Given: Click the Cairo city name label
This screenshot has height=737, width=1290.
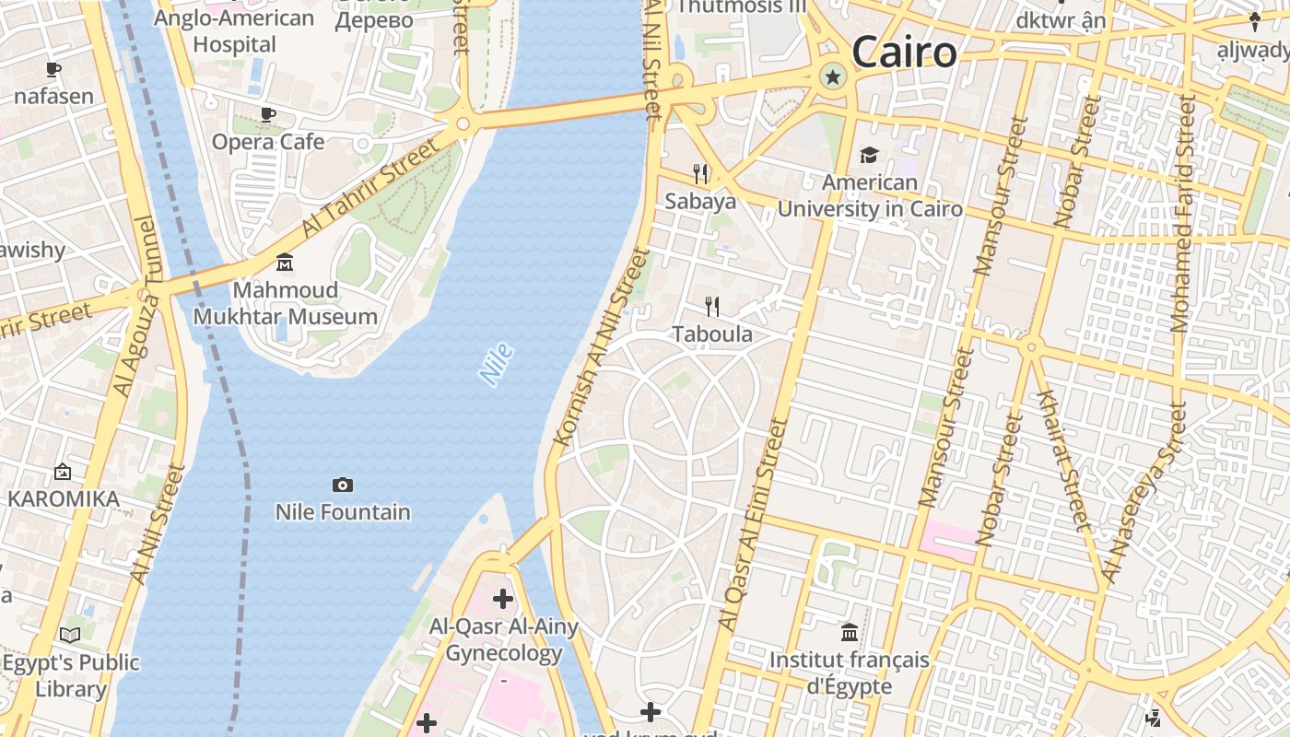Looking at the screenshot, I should click(904, 52).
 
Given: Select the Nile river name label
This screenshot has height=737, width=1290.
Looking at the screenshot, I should click(496, 364).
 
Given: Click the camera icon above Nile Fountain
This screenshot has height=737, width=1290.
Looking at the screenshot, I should click(343, 485).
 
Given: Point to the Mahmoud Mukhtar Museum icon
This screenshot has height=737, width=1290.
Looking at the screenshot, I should click(285, 263).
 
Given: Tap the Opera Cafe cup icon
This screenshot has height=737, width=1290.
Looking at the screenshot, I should click(268, 115).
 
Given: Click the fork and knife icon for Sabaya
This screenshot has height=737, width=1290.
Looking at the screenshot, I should click(700, 173).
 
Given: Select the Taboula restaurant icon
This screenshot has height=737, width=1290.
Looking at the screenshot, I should click(711, 306).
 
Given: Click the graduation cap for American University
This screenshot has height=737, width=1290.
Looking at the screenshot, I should click(869, 155).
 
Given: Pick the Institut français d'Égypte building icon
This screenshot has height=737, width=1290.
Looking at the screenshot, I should click(850, 632).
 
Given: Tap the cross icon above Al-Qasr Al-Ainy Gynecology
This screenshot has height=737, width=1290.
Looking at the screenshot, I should click(503, 600).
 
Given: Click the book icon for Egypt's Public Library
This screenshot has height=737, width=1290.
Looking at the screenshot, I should click(70, 635).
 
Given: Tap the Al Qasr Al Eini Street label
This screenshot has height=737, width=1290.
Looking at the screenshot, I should click(752, 525).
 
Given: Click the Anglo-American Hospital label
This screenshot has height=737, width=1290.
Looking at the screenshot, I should click(234, 30).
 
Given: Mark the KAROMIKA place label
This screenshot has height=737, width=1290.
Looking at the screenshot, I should click(64, 499).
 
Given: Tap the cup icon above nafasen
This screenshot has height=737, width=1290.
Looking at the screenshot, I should click(53, 70).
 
